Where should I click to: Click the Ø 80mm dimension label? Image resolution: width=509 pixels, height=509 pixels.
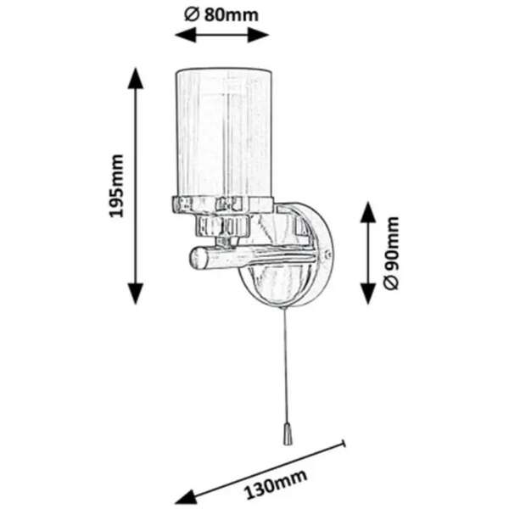221,15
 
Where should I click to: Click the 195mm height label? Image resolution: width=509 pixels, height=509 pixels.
116,186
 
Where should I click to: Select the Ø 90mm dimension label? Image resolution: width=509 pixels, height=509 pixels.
391,253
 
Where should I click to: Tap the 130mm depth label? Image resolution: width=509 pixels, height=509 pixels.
275,484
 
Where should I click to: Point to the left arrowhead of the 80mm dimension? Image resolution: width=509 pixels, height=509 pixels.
185,35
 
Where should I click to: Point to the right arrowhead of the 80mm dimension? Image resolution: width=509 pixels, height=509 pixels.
259,35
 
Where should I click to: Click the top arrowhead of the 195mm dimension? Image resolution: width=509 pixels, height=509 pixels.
136,78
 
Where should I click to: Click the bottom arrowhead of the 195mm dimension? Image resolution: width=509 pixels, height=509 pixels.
136,294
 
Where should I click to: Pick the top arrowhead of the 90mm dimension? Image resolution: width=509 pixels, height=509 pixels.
368,212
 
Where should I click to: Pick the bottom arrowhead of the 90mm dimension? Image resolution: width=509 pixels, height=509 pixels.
368,294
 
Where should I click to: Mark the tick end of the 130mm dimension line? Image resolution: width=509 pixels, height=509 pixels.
344,444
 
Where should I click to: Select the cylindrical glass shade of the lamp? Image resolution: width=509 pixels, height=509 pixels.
224,133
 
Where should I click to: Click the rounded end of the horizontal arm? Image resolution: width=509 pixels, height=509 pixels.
197,258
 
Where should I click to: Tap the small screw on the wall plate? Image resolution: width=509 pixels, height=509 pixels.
327,254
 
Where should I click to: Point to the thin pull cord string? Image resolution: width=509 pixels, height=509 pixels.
286,366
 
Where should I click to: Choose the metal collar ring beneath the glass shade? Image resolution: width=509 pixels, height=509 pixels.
222,204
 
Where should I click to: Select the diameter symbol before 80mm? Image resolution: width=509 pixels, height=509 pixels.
192,15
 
